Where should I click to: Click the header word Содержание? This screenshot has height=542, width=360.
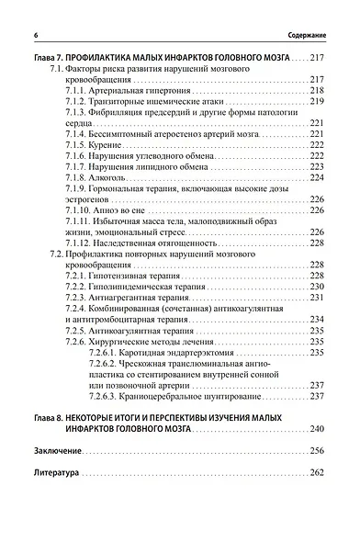point(305,34)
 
